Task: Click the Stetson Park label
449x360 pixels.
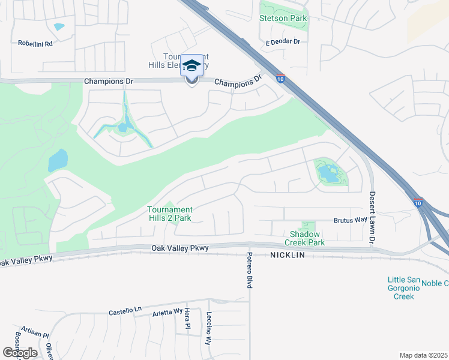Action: (x=283, y=18)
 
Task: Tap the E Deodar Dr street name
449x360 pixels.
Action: (x=286, y=42)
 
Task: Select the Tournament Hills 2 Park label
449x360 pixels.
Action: (x=169, y=214)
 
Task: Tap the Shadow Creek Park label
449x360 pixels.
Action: (x=307, y=238)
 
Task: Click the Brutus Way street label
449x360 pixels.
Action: (x=351, y=220)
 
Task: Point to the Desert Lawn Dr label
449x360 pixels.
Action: (x=372, y=217)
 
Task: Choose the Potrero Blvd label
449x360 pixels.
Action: (x=249, y=270)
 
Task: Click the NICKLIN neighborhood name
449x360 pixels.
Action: (x=288, y=255)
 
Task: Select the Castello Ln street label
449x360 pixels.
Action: (x=124, y=311)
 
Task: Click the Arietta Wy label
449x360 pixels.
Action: (x=167, y=313)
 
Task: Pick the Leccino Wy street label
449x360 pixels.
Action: (x=209, y=329)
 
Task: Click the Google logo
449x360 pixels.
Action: (x=20, y=352)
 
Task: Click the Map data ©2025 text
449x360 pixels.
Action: (x=423, y=355)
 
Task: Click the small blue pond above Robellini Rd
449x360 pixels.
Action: (x=59, y=26)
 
